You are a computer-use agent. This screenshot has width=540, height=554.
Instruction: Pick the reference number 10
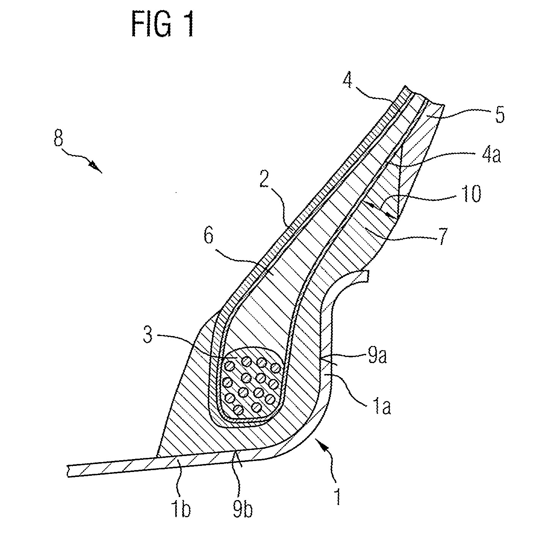471,193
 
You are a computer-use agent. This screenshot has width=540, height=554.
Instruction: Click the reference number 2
264,178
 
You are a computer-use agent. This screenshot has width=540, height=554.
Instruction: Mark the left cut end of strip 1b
68,470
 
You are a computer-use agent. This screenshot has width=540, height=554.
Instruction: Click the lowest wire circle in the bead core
238,410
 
